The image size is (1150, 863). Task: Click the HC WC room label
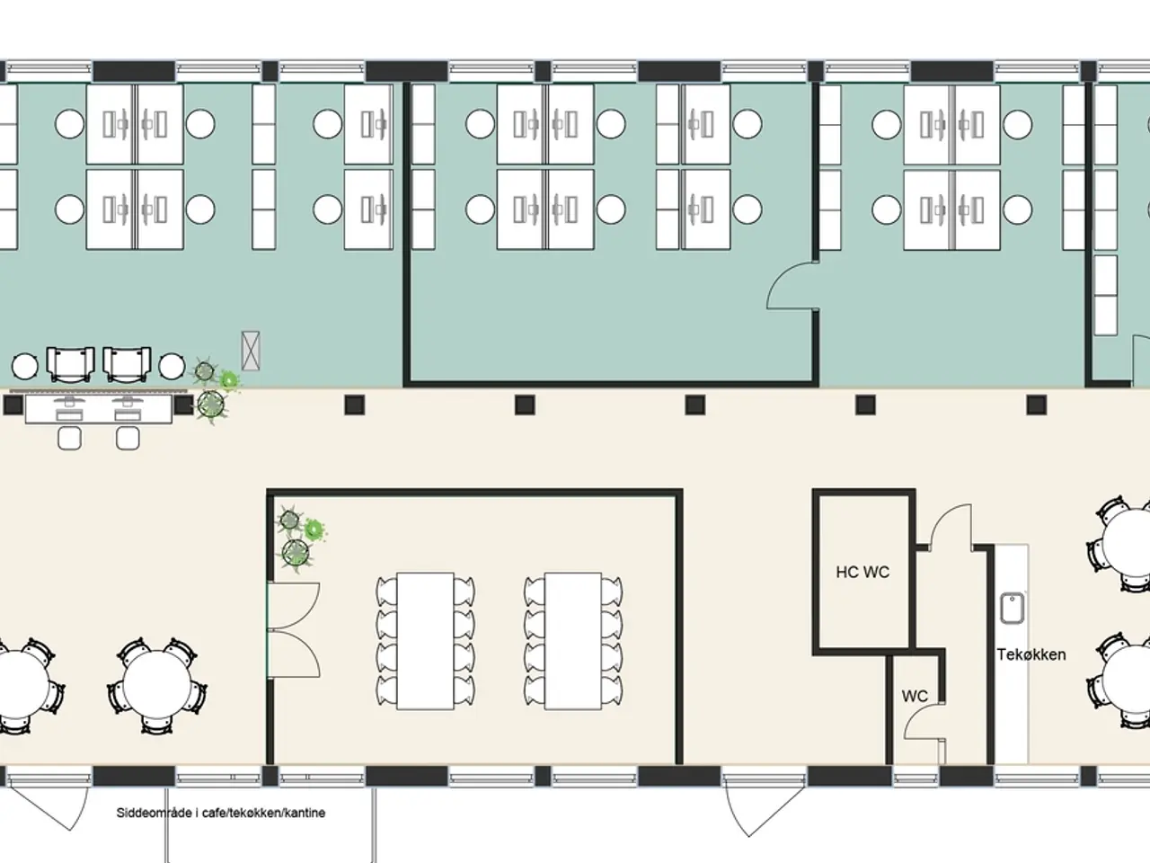pyautogui.click(x=862, y=572)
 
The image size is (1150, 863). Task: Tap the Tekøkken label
pyautogui.click(x=1031, y=654)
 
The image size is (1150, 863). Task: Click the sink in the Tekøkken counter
pyautogui.click(x=1013, y=608)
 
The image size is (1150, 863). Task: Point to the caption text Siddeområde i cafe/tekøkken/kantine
pyautogui.click(x=221, y=813)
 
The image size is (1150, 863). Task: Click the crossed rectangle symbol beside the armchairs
pyautogui.click(x=251, y=351)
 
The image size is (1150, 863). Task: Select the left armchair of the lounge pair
pyautogui.click(x=71, y=364)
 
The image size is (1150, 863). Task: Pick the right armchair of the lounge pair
pyautogui.click(x=127, y=364)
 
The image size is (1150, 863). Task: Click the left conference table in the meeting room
pyautogui.click(x=425, y=641)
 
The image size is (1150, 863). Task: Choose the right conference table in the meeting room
pyautogui.click(x=572, y=641)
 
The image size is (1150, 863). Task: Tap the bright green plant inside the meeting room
pyautogui.click(x=314, y=530)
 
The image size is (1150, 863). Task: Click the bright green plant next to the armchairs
pyautogui.click(x=228, y=380)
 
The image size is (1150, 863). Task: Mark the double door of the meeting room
pyautogui.click(x=294, y=630)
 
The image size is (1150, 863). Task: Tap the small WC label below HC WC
pyautogui.click(x=915, y=696)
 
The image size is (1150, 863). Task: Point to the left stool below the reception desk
pyautogui.click(x=70, y=438)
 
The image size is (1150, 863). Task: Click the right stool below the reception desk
pyautogui.click(x=128, y=438)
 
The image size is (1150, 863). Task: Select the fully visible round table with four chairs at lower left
pyautogui.click(x=157, y=685)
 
